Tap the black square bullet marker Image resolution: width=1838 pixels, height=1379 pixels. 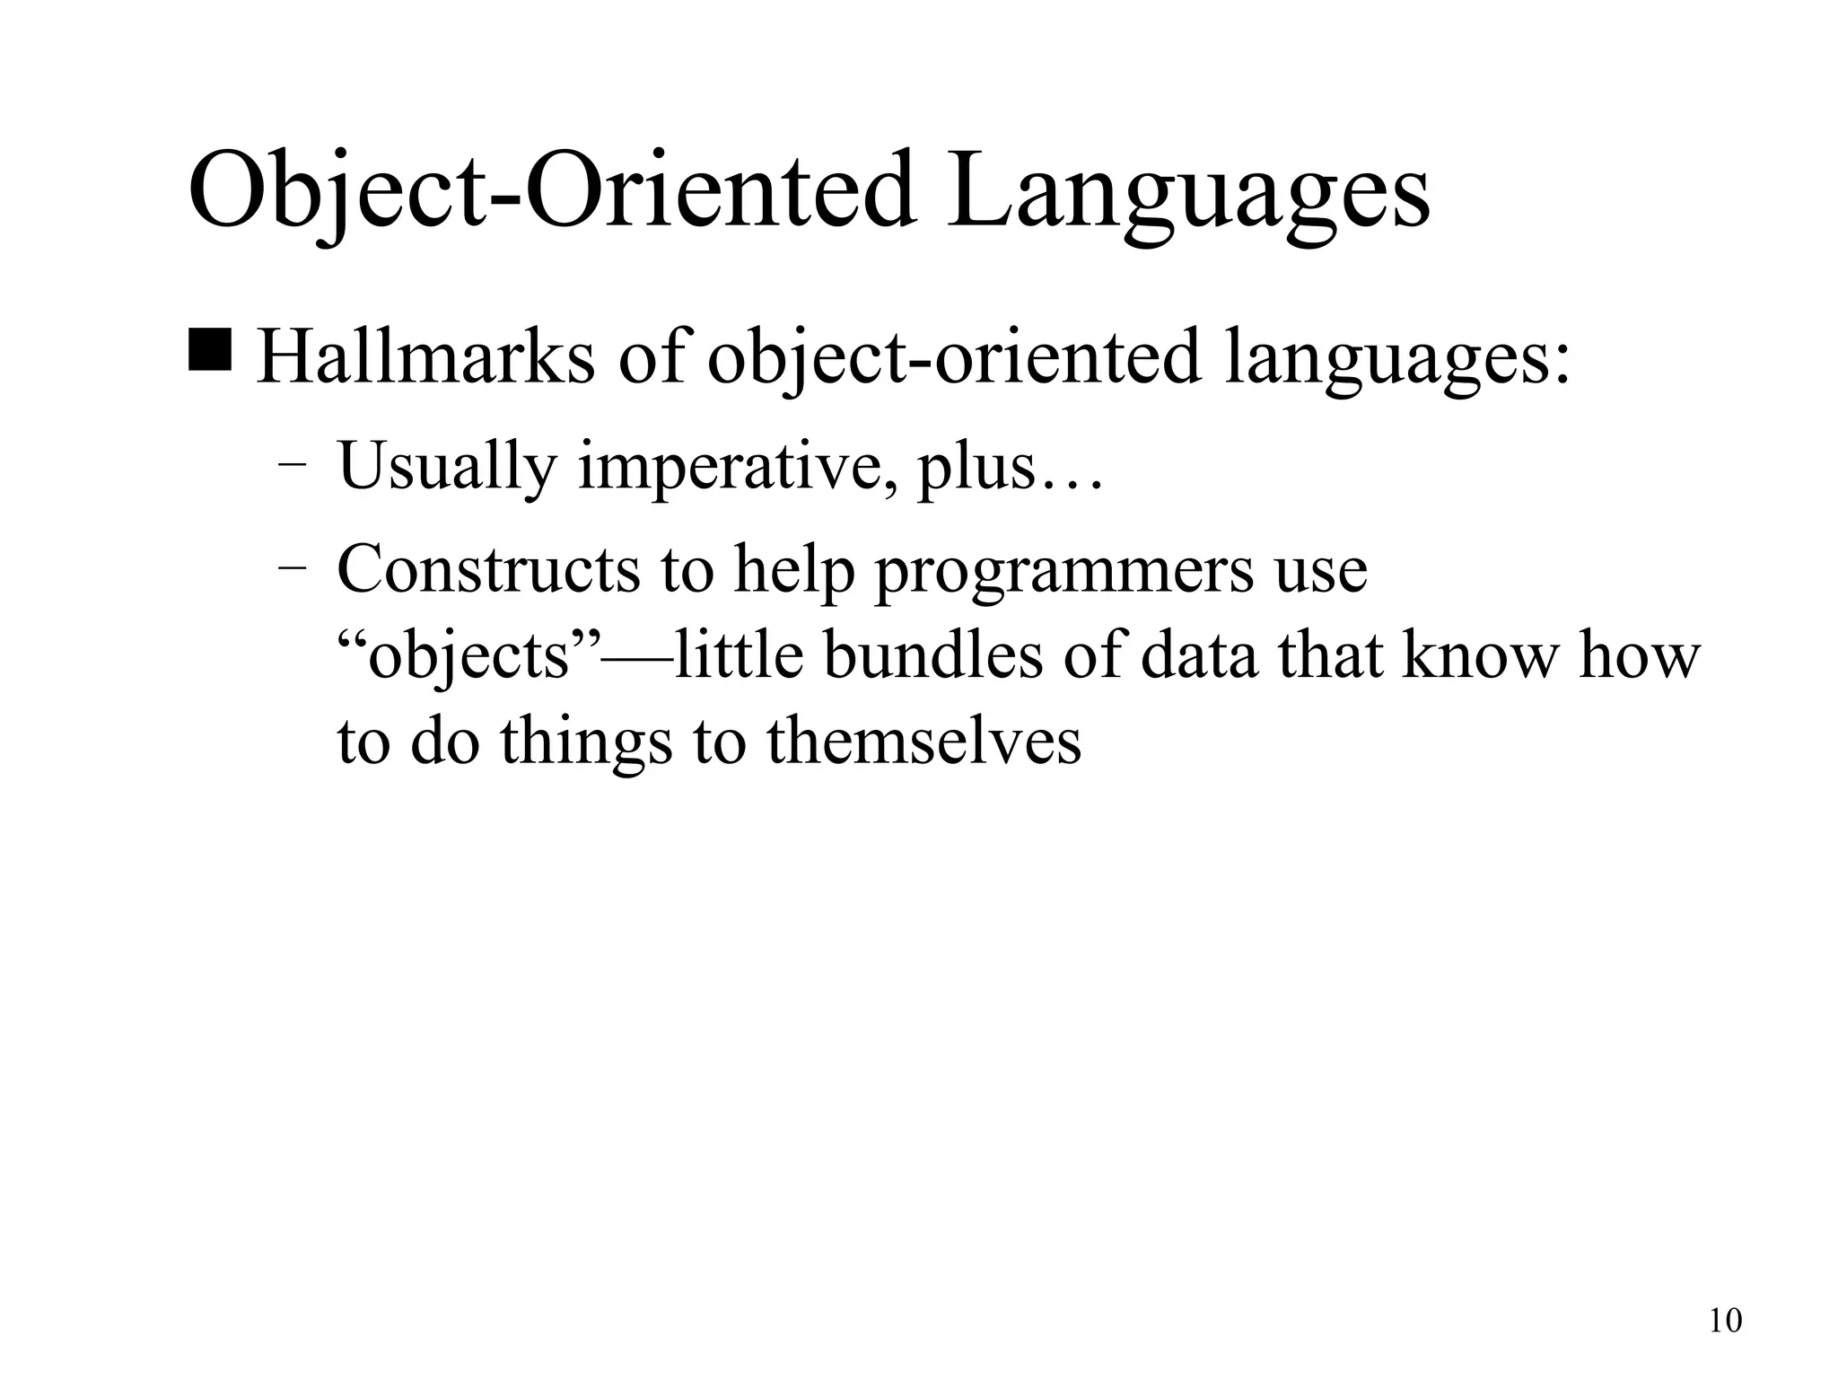210,351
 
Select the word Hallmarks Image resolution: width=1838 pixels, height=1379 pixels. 425,357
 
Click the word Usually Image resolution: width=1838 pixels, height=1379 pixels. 446,468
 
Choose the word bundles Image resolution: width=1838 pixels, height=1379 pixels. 932,655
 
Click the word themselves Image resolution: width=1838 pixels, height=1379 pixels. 923,742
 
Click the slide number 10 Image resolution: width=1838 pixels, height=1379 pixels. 1725,1321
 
